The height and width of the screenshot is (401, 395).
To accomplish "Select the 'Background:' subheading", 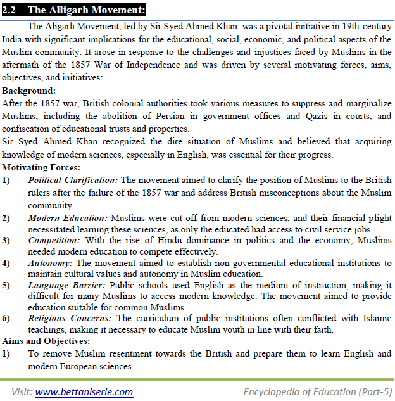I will tap(29, 91).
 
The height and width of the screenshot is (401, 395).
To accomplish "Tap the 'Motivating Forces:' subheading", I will tap(41, 167).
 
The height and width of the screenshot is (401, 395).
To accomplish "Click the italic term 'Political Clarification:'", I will tap(73, 180).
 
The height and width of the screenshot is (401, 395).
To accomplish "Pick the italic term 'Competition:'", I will tap(54, 241).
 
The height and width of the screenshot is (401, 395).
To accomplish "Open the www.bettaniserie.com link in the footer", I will tap(84, 391).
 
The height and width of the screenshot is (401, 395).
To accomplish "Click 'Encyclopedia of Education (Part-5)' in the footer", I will tap(318, 391).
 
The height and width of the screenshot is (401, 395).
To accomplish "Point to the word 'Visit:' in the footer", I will tap(21, 391).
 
